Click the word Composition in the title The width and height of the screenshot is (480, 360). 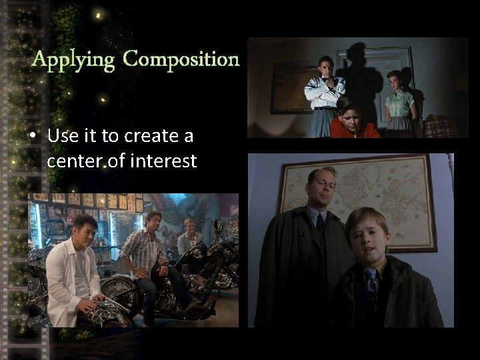click(181, 60)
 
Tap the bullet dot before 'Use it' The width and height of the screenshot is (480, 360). click(33, 137)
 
